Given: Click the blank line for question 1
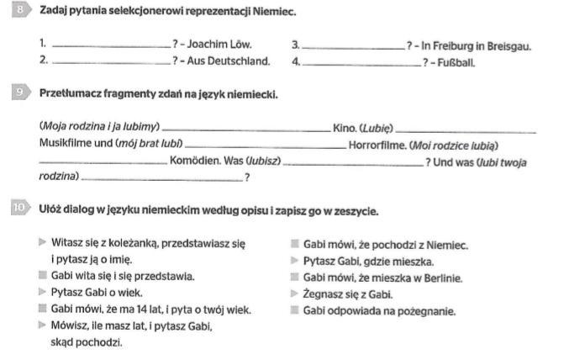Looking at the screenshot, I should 110,47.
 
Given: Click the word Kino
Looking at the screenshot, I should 344,128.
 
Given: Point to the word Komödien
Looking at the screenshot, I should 194,161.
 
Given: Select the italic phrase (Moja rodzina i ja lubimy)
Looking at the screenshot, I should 99,127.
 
